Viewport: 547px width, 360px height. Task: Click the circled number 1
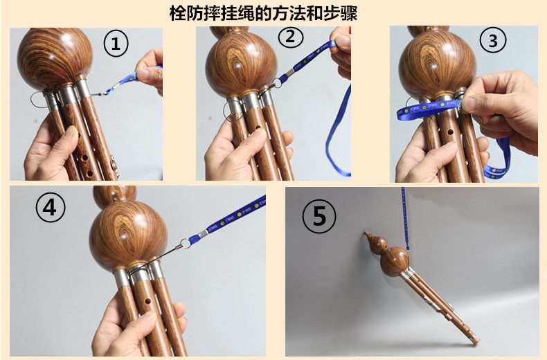[116, 44]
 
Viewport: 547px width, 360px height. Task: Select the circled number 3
[492, 41]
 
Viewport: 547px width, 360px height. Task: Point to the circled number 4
[51, 207]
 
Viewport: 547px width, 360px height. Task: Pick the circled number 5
[319, 216]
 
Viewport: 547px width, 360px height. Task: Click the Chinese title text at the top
[263, 13]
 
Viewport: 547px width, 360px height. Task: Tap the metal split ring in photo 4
[186, 243]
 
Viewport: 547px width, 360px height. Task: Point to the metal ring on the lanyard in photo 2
[278, 82]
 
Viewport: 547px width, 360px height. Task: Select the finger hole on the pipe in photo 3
[450, 132]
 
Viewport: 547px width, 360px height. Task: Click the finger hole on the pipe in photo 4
[148, 300]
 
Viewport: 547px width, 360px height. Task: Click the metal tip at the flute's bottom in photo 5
[475, 341]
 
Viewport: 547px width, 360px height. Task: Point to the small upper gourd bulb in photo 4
[114, 196]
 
